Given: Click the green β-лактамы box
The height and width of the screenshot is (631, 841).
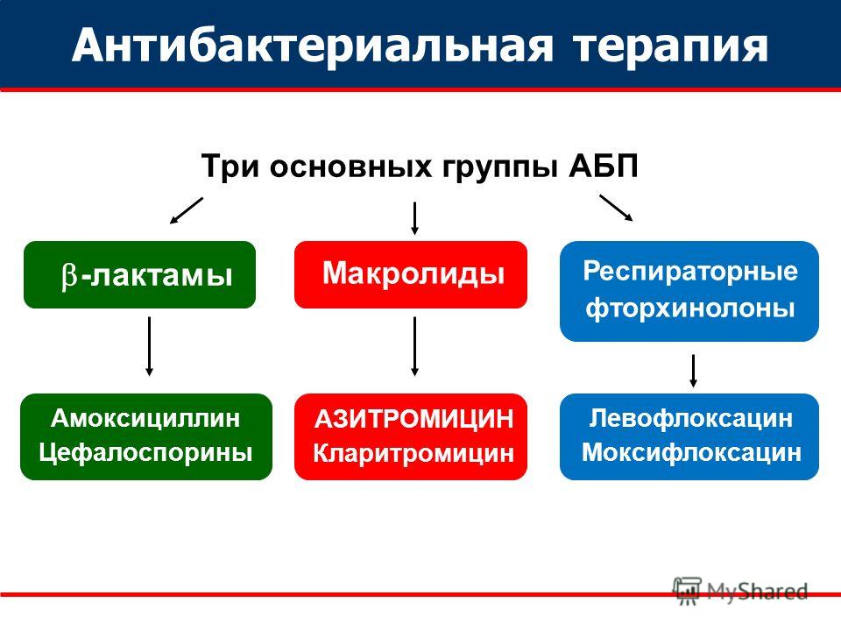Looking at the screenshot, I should click(139, 275).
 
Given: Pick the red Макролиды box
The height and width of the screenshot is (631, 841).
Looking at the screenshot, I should click(411, 274).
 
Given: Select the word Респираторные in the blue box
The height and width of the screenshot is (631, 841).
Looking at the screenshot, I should click(689, 271).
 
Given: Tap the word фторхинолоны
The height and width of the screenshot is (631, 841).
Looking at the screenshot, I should click(689, 308).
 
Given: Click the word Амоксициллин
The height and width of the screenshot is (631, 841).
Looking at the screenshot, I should click(145, 418).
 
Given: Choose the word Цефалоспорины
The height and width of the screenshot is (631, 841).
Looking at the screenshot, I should click(145, 452).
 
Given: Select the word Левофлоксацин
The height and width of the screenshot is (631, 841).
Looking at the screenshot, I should click(690, 418).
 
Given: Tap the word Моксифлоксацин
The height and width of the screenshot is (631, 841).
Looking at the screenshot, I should click(690, 453).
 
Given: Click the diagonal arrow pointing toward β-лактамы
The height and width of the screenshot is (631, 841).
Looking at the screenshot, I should click(186, 210).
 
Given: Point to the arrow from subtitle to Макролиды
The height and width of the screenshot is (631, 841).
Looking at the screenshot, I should click(414, 218).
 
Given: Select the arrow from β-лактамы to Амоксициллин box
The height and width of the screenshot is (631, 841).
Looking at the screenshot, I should click(149, 346).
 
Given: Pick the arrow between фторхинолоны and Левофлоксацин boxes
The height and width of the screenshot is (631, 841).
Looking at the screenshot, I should click(694, 370).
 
